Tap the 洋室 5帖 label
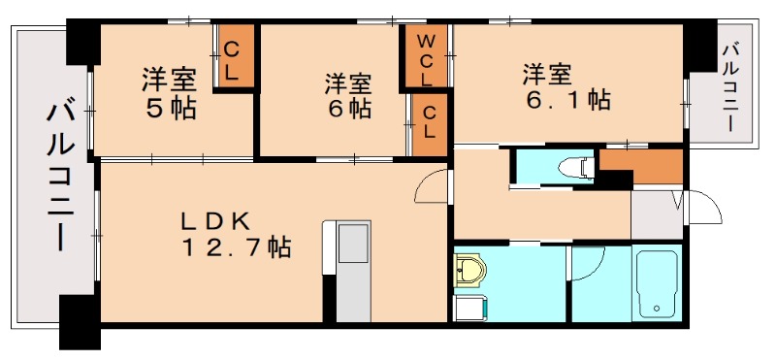pyautogui.click(x=171, y=92)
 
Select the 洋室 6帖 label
pyautogui.click(x=347, y=95)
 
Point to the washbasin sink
pyautogui.click(x=472, y=270)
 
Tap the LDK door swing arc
pyautogui.click(x=435, y=184)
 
